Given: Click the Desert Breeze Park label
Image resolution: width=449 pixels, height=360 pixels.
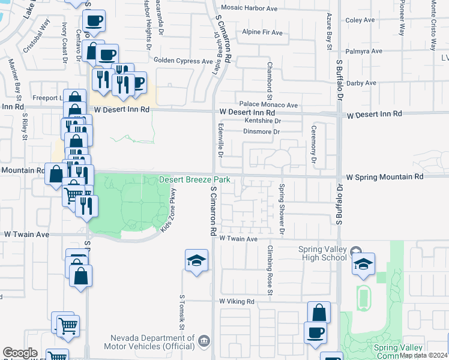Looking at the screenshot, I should (195, 180).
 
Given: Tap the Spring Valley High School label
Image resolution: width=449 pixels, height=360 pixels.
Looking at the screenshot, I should (323, 253).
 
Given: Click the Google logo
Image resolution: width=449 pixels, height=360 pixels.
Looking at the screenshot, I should (20, 353).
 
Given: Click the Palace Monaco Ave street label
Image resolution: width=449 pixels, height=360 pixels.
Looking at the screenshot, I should (268, 105).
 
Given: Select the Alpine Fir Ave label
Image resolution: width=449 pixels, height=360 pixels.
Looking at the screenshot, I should (263, 32).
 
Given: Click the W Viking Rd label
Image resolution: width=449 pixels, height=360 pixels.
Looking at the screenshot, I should (237, 301).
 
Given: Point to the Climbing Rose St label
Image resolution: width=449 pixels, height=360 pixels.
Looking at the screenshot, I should (271, 271).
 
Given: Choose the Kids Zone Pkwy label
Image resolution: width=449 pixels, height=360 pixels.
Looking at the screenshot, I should (168, 210).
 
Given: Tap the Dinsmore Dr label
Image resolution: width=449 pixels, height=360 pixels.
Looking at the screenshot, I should (259, 131).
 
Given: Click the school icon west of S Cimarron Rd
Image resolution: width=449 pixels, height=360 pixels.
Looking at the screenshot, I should (196, 261).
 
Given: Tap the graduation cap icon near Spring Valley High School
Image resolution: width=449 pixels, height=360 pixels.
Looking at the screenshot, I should (363, 264).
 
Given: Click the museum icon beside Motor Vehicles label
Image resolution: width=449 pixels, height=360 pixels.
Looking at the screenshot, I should (205, 341).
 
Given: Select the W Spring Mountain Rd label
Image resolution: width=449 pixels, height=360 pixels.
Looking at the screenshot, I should (385, 177).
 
